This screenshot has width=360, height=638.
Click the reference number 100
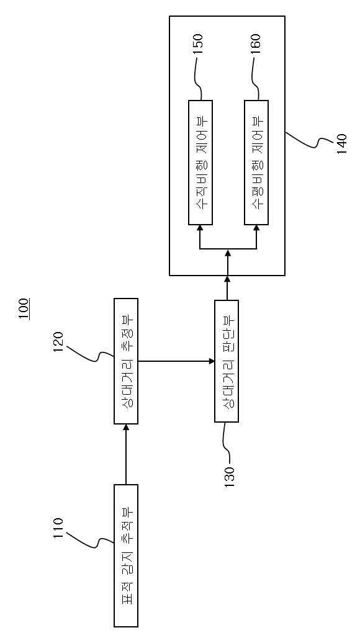pyautogui.click(x=24, y=310)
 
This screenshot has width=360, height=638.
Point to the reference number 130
pyautogui.click(x=230, y=475)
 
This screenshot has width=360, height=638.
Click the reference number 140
pyautogui.click(x=340, y=142)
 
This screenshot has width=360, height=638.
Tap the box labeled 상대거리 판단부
pyautogui.click(x=226, y=362)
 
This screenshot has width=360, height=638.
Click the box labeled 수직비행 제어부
pyautogui.click(x=200, y=163)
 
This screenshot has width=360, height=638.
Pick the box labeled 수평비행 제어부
pyautogui.click(x=256, y=163)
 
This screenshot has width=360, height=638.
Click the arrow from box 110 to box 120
pyautogui.click(x=126, y=454)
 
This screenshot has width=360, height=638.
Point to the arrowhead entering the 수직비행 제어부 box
pyautogui.click(x=200, y=228)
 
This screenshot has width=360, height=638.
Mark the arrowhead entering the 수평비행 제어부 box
pyautogui.click(x=256, y=228)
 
